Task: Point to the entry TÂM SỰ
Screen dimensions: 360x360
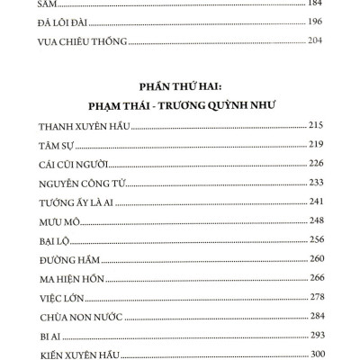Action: [61, 146]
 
